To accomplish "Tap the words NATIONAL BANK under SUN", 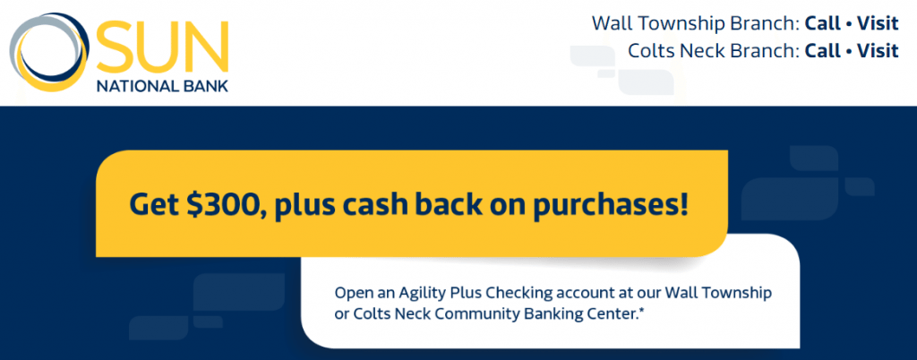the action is [x=163, y=86].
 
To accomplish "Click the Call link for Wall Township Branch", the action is [x=822, y=23].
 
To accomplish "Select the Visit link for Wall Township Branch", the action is [x=878, y=23].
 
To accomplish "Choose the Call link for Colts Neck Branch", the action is [x=822, y=51].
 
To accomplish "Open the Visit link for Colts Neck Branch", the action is [x=878, y=51].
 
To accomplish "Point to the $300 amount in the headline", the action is [x=220, y=205].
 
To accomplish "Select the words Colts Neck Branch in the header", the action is [x=711, y=51].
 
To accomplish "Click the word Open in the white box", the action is [x=350, y=292].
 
